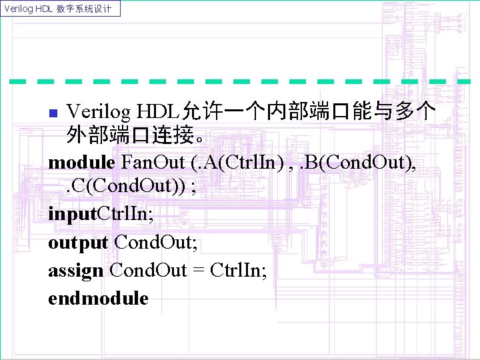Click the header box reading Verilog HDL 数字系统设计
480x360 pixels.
61,9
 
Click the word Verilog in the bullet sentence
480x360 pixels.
99,109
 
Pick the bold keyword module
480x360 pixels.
82,163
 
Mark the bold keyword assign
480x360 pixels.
75,271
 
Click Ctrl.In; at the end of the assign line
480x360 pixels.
238,271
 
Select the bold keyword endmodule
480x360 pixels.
98,299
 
